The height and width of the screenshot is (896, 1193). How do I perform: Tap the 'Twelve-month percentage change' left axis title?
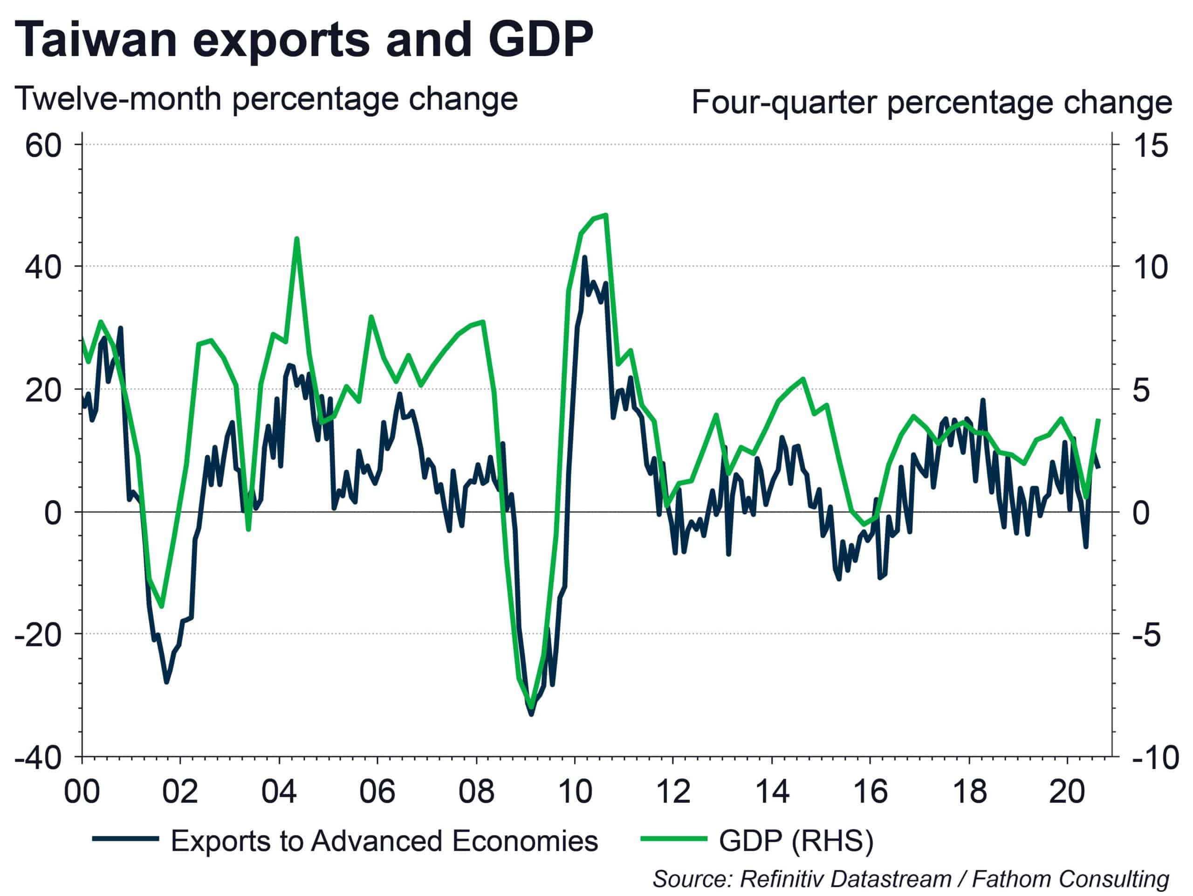(x=266, y=99)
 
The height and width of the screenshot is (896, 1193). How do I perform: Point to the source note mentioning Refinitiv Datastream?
(x=911, y=879)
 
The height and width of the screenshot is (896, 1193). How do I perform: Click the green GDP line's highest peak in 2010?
(x=606, y=215)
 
